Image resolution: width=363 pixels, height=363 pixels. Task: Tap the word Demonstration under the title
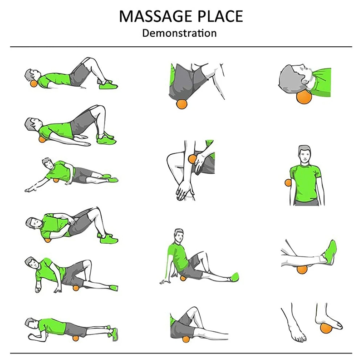(179, 33)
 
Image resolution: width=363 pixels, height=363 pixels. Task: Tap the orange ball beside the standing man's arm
(287, 182)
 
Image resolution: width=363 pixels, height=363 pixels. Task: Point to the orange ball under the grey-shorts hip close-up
(181, 103)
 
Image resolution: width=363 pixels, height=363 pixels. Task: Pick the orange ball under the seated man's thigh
(183, 278)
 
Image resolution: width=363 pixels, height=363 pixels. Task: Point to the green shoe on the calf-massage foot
(330, 253)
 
